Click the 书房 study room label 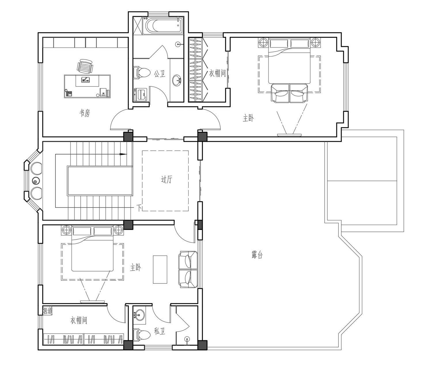click(85, 113)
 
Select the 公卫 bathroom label click(160, 73)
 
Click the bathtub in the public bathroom click(163, 26)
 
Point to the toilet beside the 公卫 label click(142, 73)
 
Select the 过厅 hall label click(166, 179)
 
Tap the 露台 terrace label click(257, 255)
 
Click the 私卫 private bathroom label click(160, 331)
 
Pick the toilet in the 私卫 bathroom click(142, 335)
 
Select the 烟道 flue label click(47, 311)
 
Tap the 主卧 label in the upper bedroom click(248, 118)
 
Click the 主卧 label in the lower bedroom click(135, 267)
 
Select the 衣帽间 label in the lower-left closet click(79, 320)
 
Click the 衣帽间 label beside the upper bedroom click(217, 73)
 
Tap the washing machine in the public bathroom click(141, 95)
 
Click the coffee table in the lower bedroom click(160, 269)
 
